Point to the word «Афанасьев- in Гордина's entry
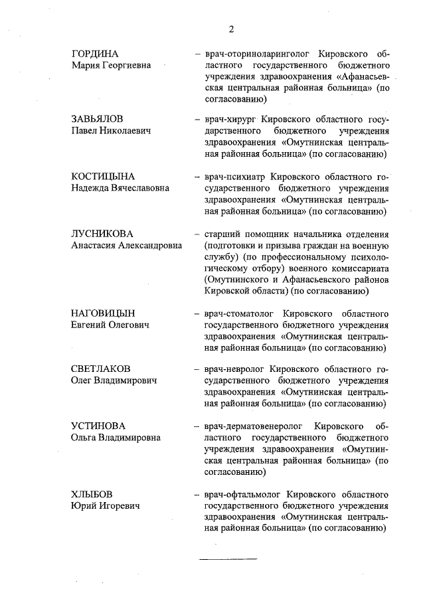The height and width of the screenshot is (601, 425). pyautogui.click(x=359, y=77)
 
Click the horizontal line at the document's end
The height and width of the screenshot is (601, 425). pyautogui.click(x=227, y=559)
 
